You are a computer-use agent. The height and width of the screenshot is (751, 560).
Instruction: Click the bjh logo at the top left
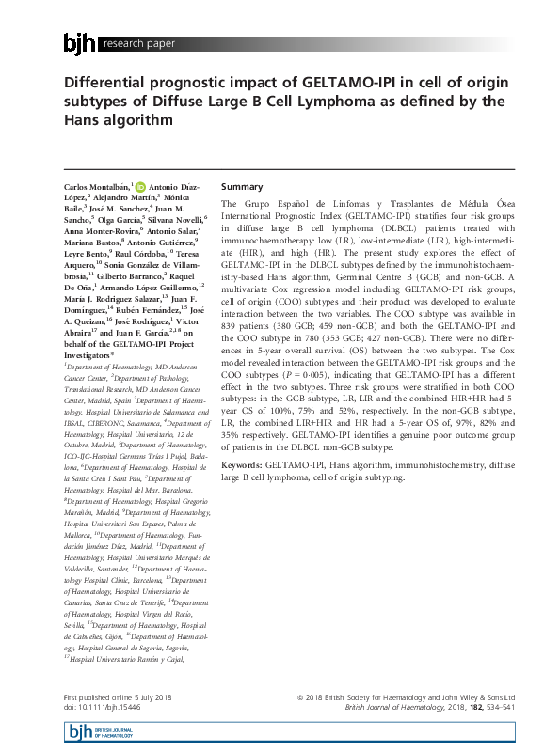[79, 43]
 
